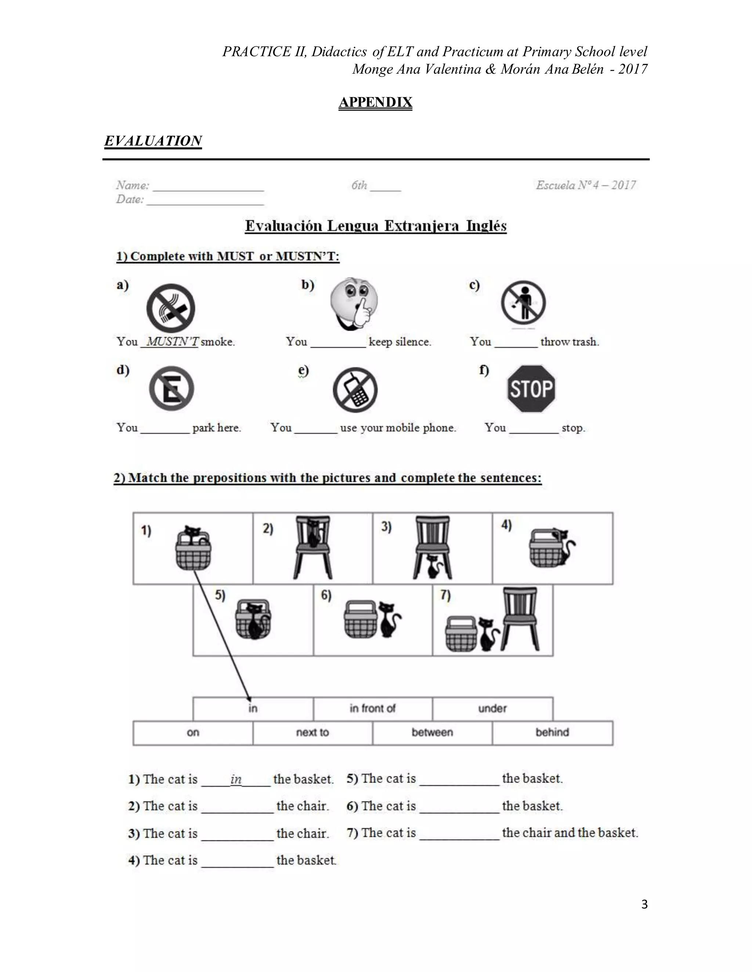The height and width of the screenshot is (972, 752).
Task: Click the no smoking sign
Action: coord(171,308)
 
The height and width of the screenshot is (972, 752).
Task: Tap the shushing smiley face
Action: coord(354,304)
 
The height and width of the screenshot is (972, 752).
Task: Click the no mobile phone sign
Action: coord(355,390)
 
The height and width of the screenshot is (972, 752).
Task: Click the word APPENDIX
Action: coord(375,102)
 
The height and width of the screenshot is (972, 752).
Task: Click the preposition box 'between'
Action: coord(432,732)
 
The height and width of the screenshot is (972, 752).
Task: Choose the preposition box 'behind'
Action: coord(552,732)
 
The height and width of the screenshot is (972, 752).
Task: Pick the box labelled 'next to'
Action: coord(312,732)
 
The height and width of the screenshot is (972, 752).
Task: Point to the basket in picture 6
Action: coord(361,619)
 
